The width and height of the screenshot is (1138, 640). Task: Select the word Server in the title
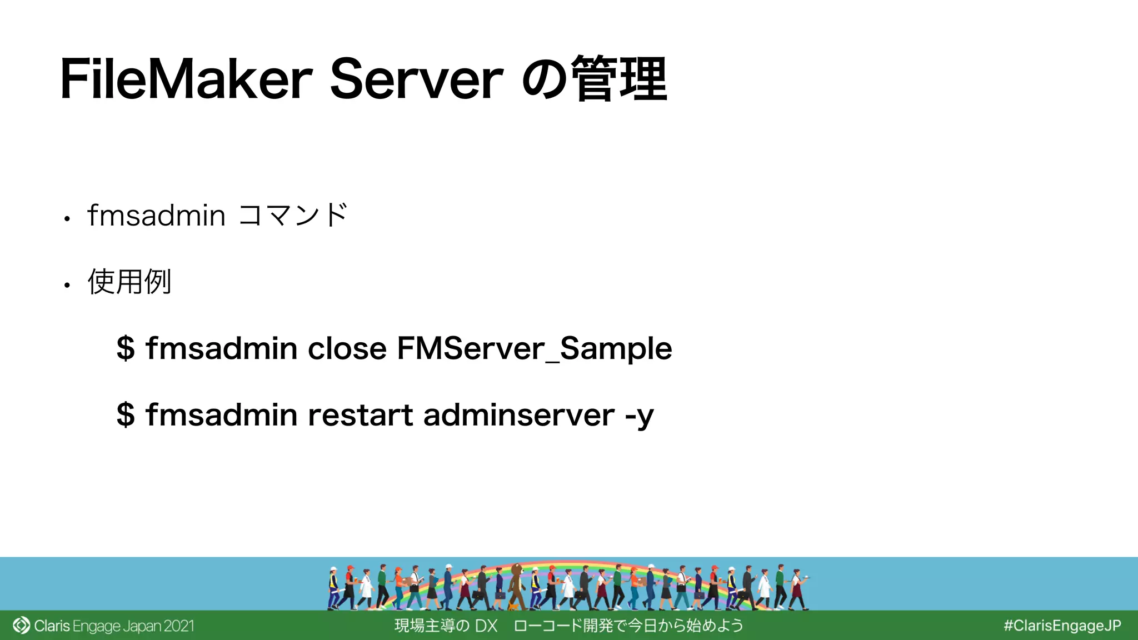[x=417, y=79]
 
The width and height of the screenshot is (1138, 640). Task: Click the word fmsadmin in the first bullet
[x=157, y=216]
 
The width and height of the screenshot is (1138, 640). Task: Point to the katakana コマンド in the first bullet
[x=293, y=216]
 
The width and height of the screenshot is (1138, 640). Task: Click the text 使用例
[x=129, y=282]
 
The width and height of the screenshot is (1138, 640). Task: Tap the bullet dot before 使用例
[x=67, y=286]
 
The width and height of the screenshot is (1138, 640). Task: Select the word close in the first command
[x=347, y=349]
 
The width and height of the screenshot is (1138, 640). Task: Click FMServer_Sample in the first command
[x=535, y=349]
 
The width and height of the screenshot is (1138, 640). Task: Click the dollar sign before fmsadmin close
[x=126, y=349]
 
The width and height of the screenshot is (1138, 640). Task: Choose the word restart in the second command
[x=360, y=415]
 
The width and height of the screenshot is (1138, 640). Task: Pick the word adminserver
[x=519, y=415]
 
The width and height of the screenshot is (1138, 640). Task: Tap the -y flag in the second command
[x=640, y=416]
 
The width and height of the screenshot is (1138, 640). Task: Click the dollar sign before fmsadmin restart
[x=126, y=415]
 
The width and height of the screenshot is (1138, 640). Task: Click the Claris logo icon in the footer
[x=21, y=626]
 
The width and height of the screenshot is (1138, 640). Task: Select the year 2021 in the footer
[x=179, y=626]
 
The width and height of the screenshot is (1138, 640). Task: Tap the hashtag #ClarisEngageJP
[x=1062, y=626]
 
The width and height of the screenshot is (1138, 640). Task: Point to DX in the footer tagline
[x=486, y=626]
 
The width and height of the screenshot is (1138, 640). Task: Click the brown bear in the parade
[x=517, y=583]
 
